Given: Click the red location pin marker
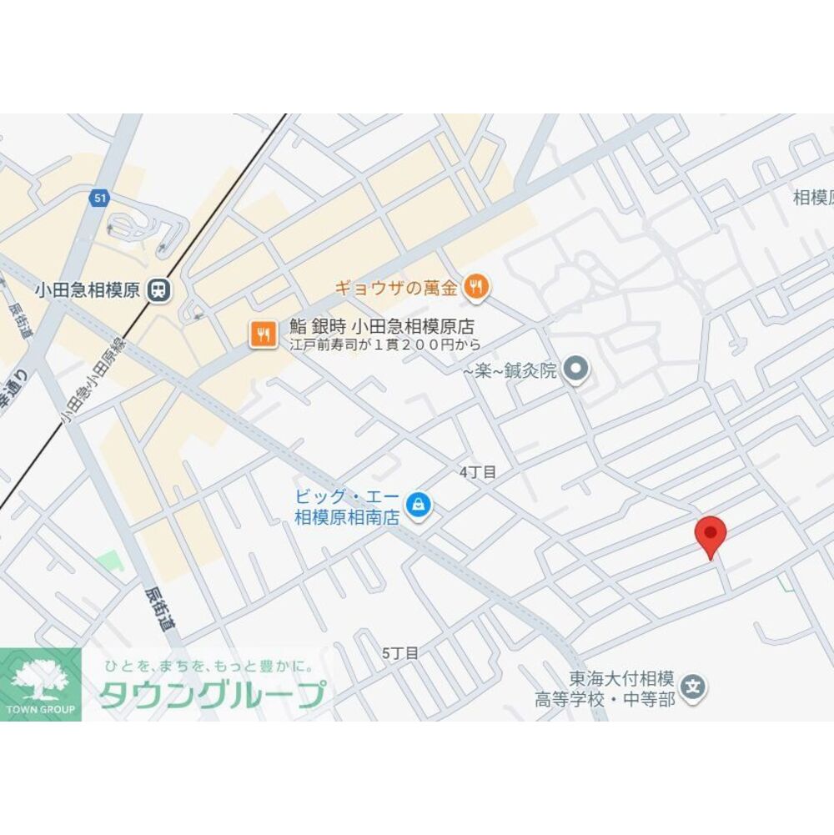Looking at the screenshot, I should pos(711,535).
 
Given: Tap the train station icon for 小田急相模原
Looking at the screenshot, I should pos(158,290).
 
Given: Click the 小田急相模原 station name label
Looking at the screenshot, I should pos(88,290).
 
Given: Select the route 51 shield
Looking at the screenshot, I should pos(100,198).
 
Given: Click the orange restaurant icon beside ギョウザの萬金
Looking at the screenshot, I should pos(476,288).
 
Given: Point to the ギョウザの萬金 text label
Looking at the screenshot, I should pos(396,289).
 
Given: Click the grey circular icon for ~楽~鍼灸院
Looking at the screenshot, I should pos(575,368).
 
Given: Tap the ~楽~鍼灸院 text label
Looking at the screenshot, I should pos(510,370).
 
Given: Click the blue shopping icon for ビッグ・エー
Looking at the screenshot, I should pos(417,505).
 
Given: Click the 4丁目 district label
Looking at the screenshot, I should pos(477,472).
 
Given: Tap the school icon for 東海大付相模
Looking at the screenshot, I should pos(692,688).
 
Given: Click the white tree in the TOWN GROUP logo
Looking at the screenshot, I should pos(40,678).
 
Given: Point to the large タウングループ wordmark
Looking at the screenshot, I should pos(213,695).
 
